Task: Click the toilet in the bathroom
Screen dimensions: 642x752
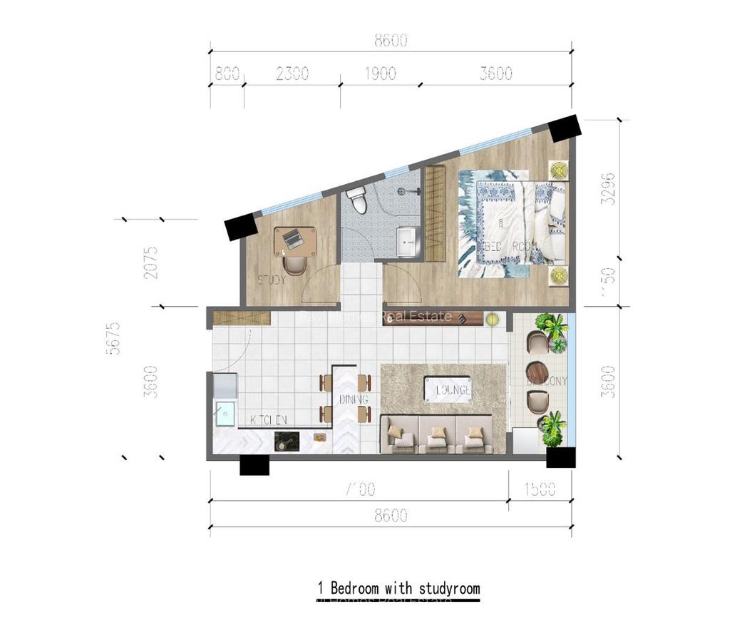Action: [x=356, y=200]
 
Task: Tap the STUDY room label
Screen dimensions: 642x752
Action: [x=272, y=280]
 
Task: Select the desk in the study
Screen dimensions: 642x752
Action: [x=296, y=241]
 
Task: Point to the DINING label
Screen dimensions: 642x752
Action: [x=354, y=399]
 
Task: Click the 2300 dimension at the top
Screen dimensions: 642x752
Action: [x=292, y=73]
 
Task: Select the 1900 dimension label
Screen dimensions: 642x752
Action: [x=381, y=73]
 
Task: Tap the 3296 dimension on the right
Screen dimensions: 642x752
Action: [x=608, y=188]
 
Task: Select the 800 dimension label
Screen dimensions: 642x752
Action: [x=226, y=73]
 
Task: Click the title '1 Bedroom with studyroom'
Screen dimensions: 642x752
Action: [x=398, y=588]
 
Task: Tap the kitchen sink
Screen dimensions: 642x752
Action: [x=225, y=414]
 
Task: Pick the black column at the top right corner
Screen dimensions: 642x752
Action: [x=565, y=128]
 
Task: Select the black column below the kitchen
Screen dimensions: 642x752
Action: [x=254, y=465]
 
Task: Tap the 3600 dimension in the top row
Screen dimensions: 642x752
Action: [x=495, y=73]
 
